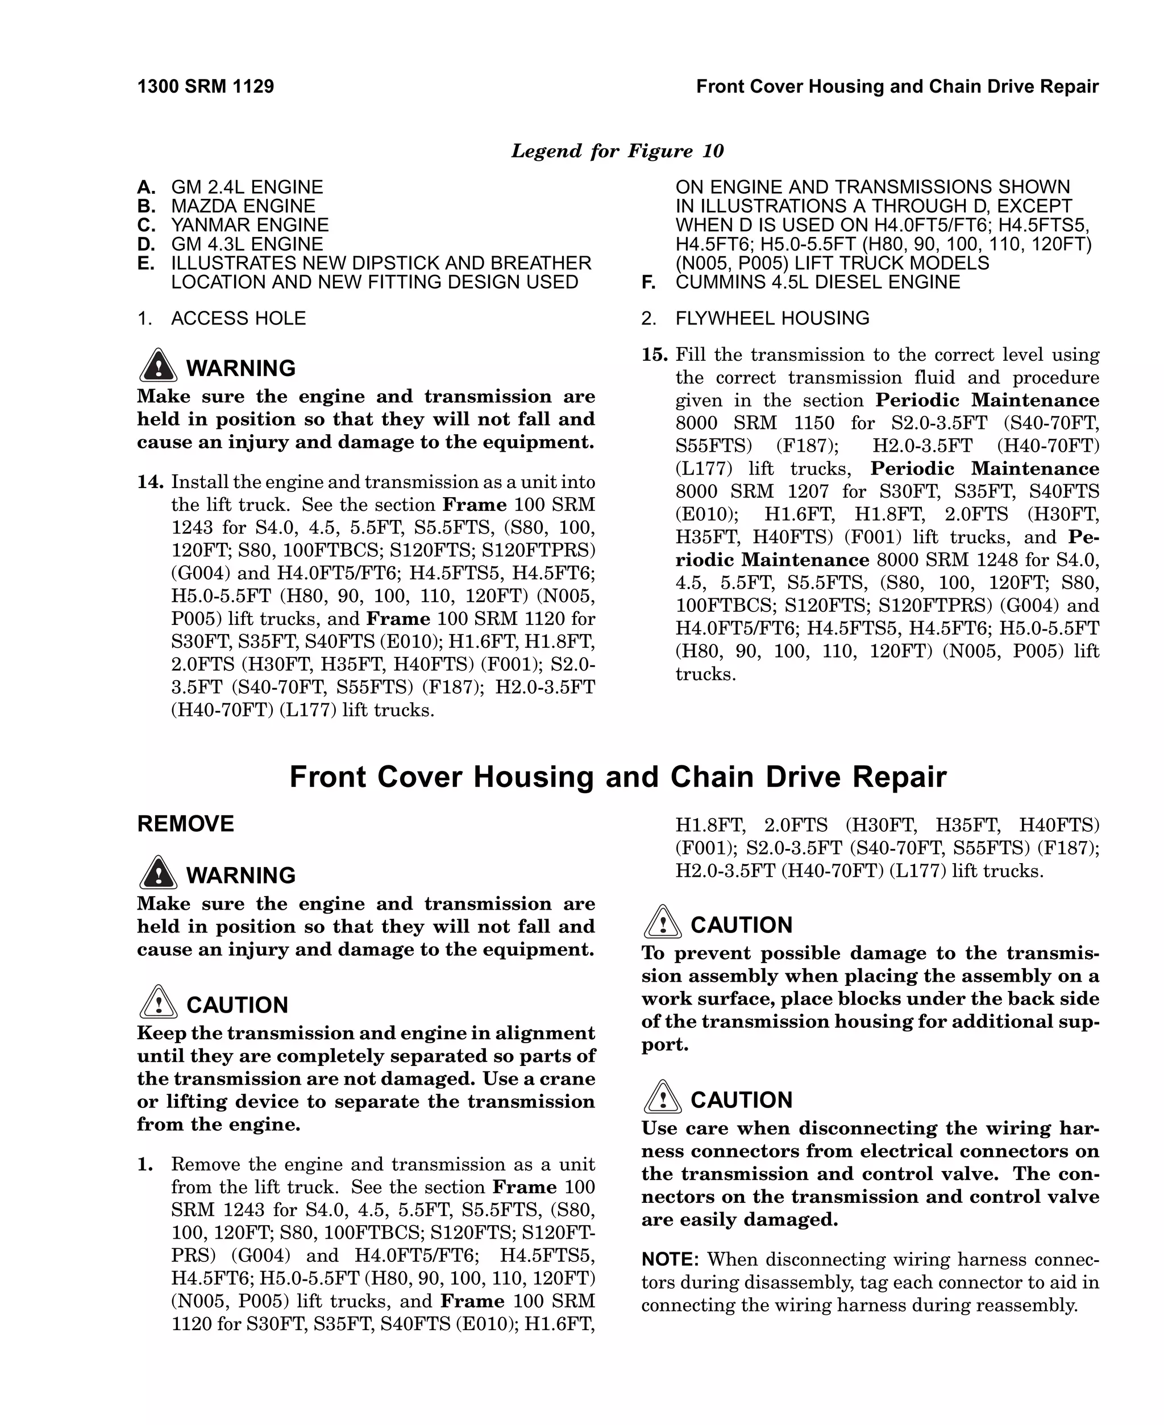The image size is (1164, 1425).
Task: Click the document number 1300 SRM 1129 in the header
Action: pos(205,86)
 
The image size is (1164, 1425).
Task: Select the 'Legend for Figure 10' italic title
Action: pos(617,151)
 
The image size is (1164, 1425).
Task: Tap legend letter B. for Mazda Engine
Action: pos(146,206)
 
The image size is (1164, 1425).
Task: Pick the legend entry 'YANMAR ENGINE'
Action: pos(250,224)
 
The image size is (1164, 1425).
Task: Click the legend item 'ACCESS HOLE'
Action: pos(238,318)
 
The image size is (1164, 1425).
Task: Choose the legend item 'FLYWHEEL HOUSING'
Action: pos(772,318)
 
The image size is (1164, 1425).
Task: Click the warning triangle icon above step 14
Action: pos(158,366)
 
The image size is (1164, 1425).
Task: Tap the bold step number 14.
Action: pos(150,482)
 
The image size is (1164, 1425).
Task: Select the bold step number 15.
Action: pos(654,355)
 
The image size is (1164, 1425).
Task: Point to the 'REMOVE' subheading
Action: pos(185,823)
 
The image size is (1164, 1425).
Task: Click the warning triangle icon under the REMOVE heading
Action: pos(158,873)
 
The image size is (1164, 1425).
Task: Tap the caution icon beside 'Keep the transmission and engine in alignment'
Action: pos(158,1003)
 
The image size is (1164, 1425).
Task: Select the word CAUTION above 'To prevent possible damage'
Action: pos(741,925)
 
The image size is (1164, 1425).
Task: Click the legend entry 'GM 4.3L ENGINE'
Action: pos(247,244)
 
